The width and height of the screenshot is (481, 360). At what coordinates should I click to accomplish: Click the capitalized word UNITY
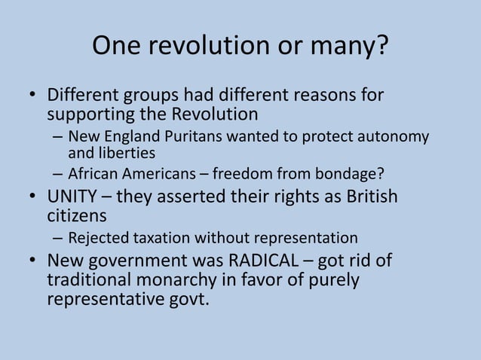[x=72, y=198]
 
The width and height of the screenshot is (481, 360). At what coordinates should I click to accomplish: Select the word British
[x=367, y=198]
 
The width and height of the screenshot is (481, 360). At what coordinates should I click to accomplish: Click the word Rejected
[x=97, y=239]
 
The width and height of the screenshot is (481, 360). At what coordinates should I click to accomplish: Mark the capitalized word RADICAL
[x=263, y=262]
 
